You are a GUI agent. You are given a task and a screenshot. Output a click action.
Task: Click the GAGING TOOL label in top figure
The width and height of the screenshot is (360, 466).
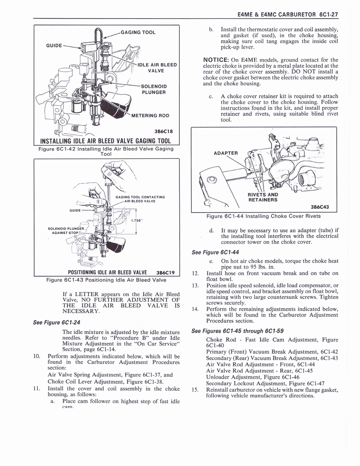(138, 32)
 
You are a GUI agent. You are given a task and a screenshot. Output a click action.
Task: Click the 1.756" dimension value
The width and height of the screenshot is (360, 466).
(137, 221)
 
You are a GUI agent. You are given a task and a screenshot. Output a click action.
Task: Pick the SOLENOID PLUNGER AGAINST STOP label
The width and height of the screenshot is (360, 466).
(66, 231)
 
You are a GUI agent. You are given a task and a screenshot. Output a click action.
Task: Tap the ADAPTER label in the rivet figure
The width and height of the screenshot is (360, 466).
(226, 153)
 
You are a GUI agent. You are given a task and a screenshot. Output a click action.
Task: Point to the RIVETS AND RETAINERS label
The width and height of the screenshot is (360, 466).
(263, 197)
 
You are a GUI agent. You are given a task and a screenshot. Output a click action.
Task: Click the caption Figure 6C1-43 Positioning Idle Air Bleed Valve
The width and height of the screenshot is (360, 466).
(106, 280)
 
